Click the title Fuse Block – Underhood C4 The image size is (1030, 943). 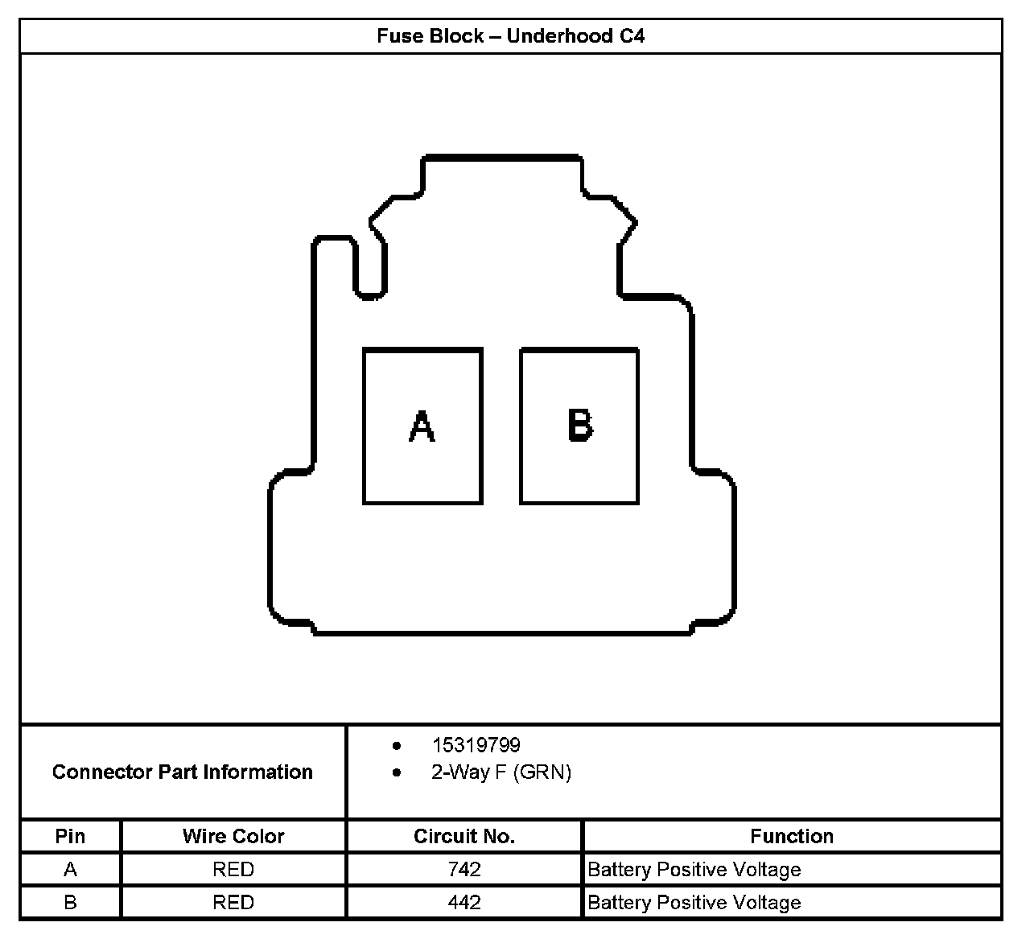[x=510, y=36]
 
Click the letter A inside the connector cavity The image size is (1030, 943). [x=422, y=426]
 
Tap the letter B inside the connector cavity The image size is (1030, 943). [x=580, y=425]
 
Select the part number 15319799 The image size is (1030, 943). [x=476, y=745]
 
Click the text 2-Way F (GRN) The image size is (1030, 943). [x=501, y=772]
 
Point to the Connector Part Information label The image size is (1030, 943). [x=183, y=772]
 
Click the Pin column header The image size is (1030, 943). [x=70, y=836]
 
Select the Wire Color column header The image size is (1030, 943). [x=233, y=836]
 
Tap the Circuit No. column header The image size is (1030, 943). [x=464, y=836]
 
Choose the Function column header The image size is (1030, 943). [x=792, y=836]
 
